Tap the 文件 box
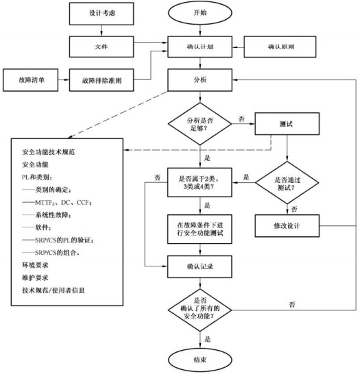(x=101, y=47)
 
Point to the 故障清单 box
(x=28, y=79)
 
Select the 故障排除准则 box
(x=101, y=79)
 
